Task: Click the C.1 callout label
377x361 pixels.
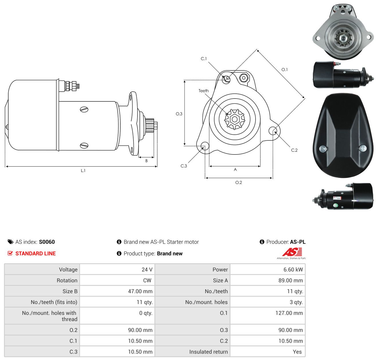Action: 204,58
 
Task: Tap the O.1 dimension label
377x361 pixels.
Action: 284,70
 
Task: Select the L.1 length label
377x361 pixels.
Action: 83,170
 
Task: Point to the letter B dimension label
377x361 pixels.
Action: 146,161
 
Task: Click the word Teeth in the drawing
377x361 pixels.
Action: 204,91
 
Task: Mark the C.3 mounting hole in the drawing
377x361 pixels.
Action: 205,146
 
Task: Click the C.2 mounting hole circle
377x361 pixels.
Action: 273,131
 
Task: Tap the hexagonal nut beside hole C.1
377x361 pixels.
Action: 244,78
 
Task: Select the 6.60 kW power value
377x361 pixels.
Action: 293,269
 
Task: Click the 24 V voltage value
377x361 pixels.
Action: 147,269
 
